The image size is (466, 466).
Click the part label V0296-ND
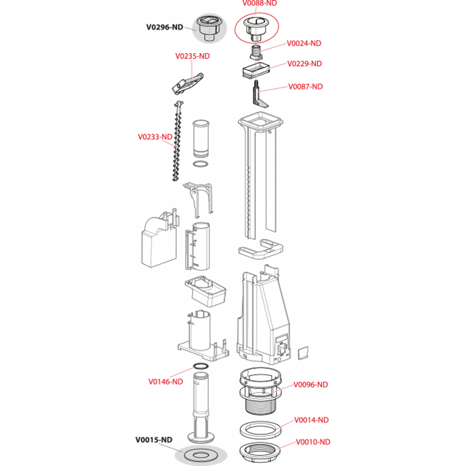click(x=165, y=27)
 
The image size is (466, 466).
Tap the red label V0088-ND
click(x=259, y=3)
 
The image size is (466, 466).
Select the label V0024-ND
click(x=304, y=43)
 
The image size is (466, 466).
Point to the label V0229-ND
click(x=304, y=64)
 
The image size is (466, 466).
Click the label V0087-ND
click(x=305, y=87)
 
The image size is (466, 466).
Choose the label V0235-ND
click(x=193, y=56)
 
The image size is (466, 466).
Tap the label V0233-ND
click(x=155, y=137)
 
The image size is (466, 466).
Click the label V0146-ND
click(x=166, y=382)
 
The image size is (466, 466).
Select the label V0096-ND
click(x=311, y=385)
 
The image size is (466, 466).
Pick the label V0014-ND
click(x=311, y=420)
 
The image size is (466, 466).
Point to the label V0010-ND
click(x=313, y=442)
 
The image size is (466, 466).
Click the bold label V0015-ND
click(x=154, y=440)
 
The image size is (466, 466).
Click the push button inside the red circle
click(x=256, y=29)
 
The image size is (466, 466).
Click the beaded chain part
click(x=177, y=141)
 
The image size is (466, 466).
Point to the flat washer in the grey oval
click(x=201, y=455)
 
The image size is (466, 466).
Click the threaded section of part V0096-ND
click(x=260, y=406)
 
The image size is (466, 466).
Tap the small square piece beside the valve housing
click(x=303, y=353)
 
